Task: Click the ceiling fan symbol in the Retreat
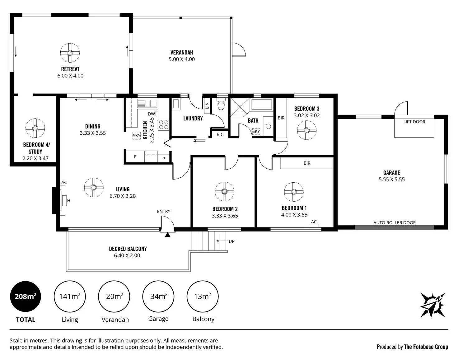click(70, 53)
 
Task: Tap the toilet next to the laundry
click(221, 104)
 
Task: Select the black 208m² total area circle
click(26, 296)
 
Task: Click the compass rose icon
click(432, 305)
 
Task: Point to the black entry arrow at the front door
click(168, 235)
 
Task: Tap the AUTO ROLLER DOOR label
click(395, 222)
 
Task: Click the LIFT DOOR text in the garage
click(414, 122)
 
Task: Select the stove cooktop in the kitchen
click(164, 124)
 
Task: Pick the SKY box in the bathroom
click(256, 131)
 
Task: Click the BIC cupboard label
click(220, 134)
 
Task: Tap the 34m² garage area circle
click(158, 296)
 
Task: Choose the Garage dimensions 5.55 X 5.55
click(392, 179)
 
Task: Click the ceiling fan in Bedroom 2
click(224, 191)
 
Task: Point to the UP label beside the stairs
click(231, 241)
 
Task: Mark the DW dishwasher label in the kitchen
click(151, 114)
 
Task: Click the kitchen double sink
click(147, 103)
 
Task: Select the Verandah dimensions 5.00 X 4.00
click(182, 59)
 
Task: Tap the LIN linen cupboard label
click(207, 105)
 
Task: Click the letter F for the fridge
click(135, 157)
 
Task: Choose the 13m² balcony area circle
click(203, 296)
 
